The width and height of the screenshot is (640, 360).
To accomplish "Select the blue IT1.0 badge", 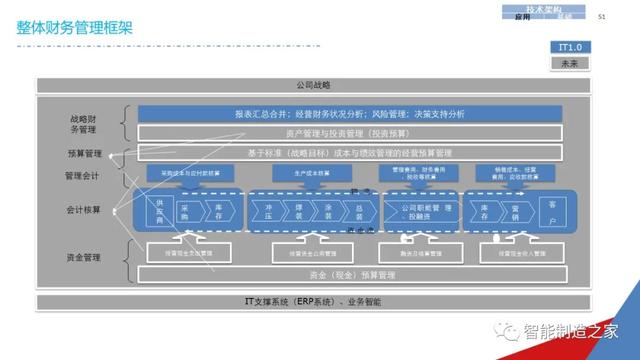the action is coord(569,48).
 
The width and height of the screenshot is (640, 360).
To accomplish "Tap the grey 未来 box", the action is coord(569,63).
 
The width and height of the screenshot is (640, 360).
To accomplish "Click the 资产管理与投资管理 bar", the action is coord(340,132).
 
